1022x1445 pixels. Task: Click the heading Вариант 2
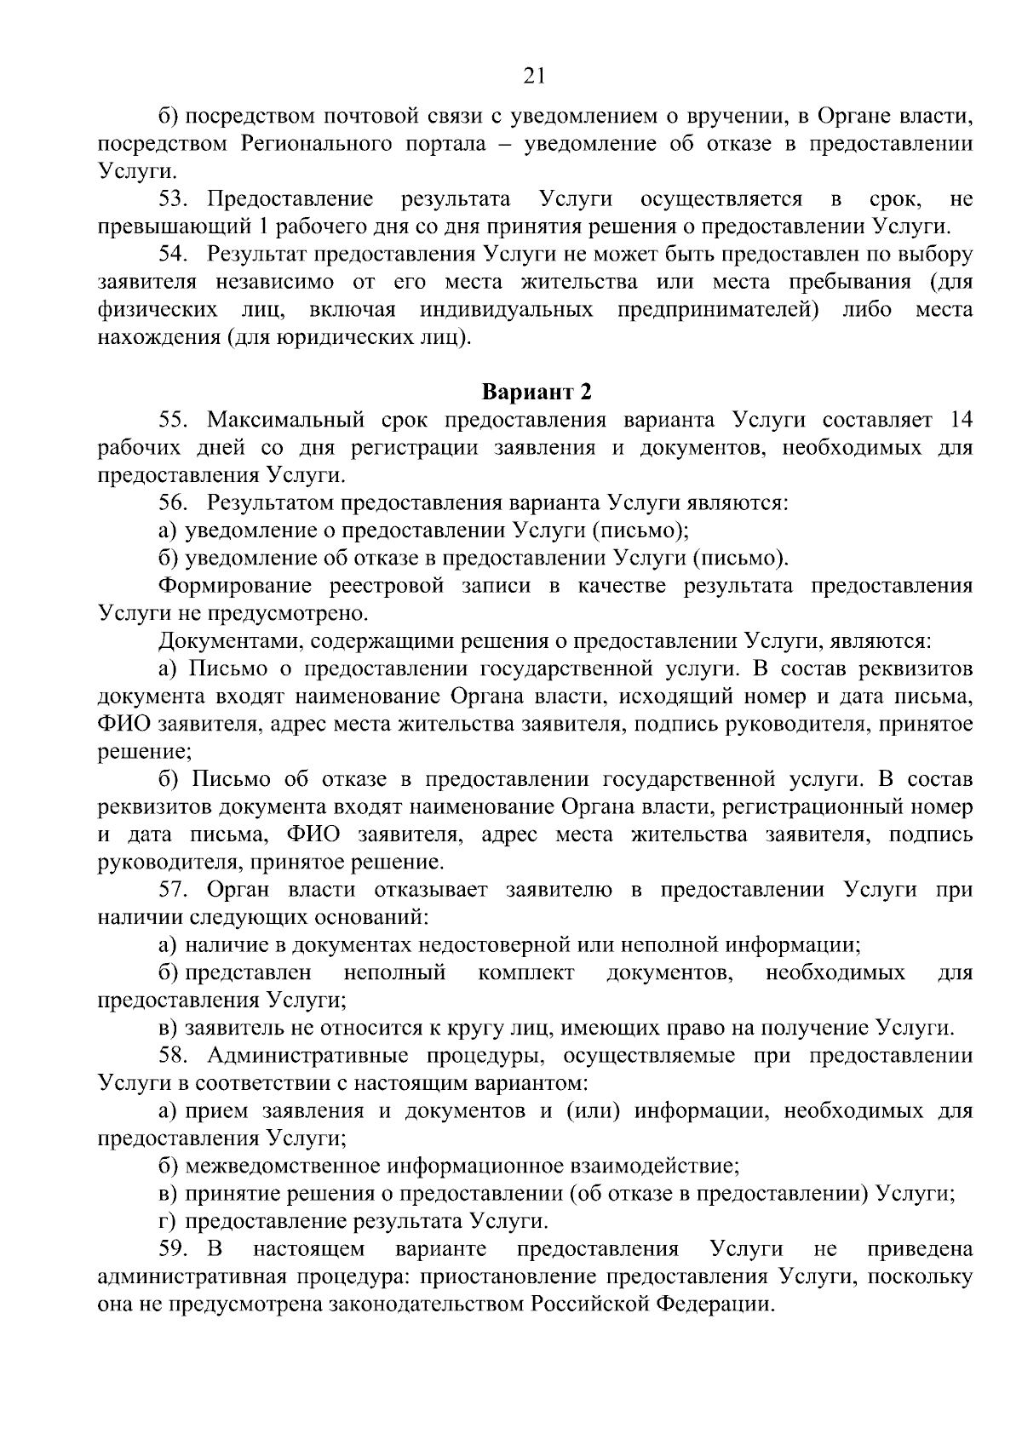537,393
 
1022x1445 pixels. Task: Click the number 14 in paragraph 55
960,420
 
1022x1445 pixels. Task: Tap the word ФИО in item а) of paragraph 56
118,725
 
